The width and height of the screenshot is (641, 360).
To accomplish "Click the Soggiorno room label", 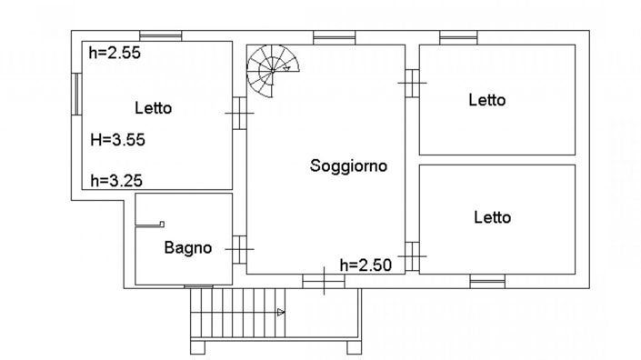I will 348,166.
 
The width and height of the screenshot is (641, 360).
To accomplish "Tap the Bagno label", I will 188,247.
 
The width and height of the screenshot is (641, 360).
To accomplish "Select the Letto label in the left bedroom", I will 153,108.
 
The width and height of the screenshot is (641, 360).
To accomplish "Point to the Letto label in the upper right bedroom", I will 486,101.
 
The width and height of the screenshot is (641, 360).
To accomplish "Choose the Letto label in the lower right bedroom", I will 492,217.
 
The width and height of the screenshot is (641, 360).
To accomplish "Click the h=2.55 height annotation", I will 115,53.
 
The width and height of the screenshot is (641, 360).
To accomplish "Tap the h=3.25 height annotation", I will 115,180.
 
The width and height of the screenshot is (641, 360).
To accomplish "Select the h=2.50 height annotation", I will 365,265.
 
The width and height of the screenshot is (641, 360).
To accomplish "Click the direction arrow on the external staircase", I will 281,313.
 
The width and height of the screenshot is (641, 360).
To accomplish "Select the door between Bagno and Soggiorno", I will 239,246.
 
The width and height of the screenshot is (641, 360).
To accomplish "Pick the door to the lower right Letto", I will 412,256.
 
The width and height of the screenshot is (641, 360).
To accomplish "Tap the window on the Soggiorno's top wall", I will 326,37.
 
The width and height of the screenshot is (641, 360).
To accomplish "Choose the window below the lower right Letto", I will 487,280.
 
